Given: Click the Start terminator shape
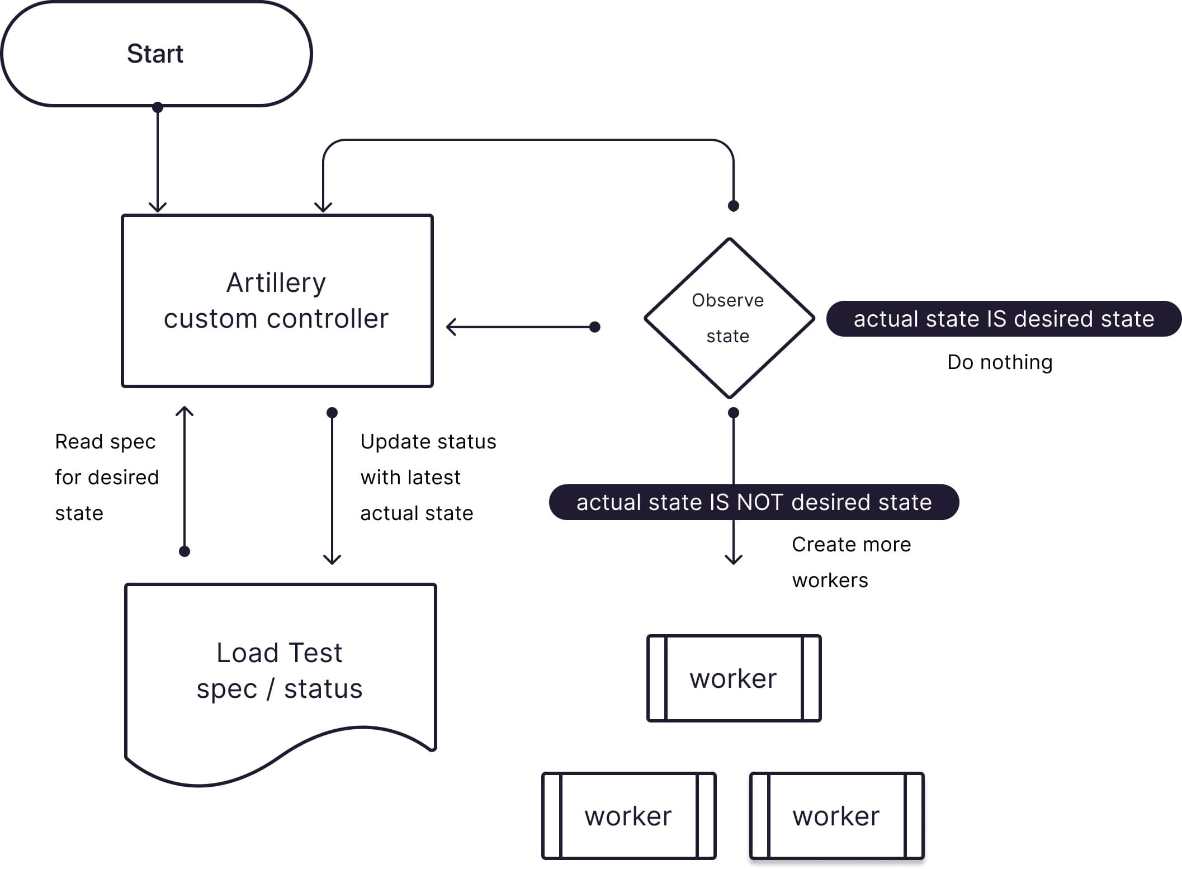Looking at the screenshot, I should pyautogui.click(x=157, y=54).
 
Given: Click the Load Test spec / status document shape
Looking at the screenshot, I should pyautogui.click(x=280, y=671).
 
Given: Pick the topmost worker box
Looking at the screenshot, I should pyautogui.click(x=734, y=678).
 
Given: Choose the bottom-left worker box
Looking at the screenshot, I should pyautogui.click(x=628, y=816).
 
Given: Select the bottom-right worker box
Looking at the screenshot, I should pyautogui.click(x=836, y=816).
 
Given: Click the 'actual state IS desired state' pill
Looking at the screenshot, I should pyautogui.click(x=1004, y=319).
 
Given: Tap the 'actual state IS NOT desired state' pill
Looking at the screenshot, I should pyautogui.click(x=754, y=502).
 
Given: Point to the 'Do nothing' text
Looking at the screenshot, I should pyautogui.click(x=1000, y=362).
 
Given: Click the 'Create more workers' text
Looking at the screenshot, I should pyautogui.click(x=851, y=562).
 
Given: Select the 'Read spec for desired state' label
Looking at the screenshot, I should pyautogui.click(x=106, y=477).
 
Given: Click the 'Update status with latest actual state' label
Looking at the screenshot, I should pyautogui.click(x=428, y=477).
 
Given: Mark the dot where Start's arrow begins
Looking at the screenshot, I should pyautogui.click(x=158, y=107).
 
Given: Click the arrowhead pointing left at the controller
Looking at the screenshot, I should pyautogui.click(x=451, y=327).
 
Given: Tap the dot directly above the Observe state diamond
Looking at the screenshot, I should pyautogui.click(x=734, y=206).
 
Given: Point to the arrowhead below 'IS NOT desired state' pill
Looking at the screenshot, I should pyautogui.click(x=734, y=559).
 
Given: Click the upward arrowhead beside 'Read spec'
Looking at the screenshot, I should pyautogui.click(x=185, y=411).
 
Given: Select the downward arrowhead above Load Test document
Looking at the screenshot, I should pyautogui.click(x=332, y=559).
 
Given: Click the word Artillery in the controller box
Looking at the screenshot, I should pyautogui.click(x=276, y=282).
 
